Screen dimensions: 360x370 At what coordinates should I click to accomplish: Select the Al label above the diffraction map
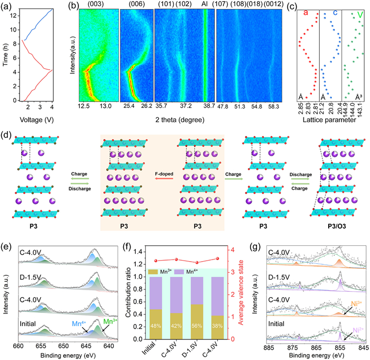[205, 5]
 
